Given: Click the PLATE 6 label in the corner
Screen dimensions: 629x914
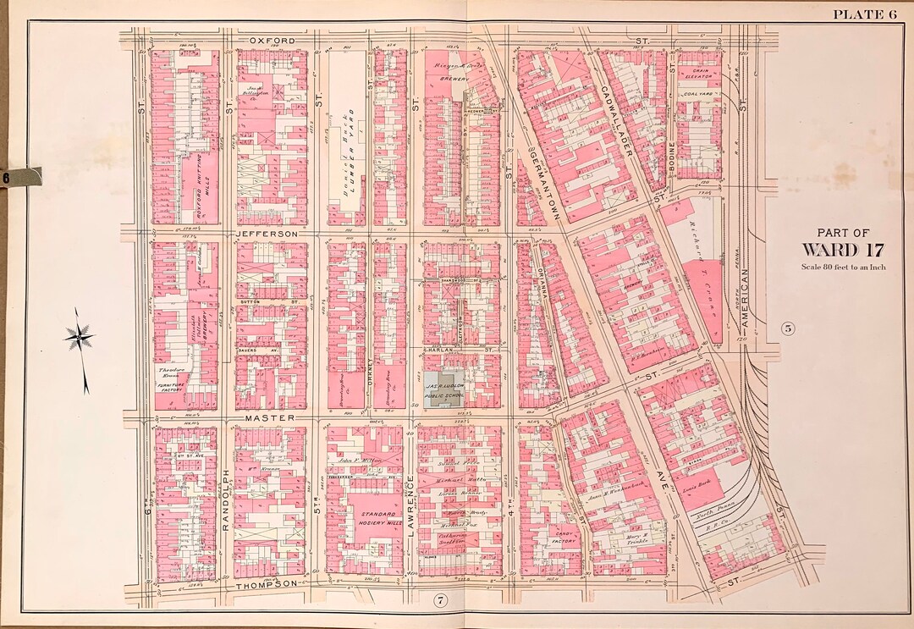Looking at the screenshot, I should tap(864, 13).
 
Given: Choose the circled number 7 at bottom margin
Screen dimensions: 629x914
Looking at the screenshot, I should tap(439, 601).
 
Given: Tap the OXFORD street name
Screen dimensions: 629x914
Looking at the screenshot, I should tap(272, 41).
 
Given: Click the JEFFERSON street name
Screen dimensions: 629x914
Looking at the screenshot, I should tap(267, 233).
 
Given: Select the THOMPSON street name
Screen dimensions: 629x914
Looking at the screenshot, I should tap(267, 584).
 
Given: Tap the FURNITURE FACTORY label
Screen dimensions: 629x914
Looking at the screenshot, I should tap(171, 387).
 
